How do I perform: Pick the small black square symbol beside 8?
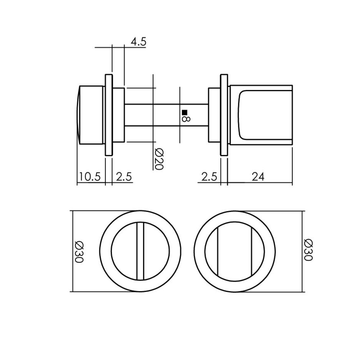click(184, 112)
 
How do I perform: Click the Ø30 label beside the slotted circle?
click(79, 251)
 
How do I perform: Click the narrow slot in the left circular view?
click(140, 251)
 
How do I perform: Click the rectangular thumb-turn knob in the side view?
click(261, 115)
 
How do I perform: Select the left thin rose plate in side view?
click(108, 115)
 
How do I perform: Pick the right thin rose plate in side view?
click(224, 115)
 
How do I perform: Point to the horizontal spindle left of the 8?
click(151, 115)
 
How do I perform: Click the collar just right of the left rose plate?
click(118, 115)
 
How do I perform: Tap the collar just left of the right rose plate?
click(214, 115)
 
